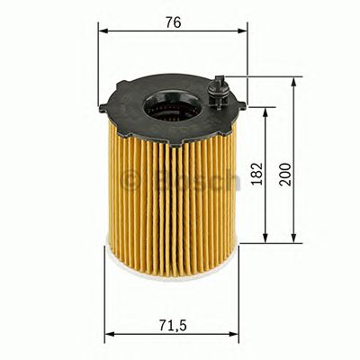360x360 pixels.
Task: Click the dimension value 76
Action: (x=173, y=22)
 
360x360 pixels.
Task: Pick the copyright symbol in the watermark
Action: (x=130, y=179)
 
